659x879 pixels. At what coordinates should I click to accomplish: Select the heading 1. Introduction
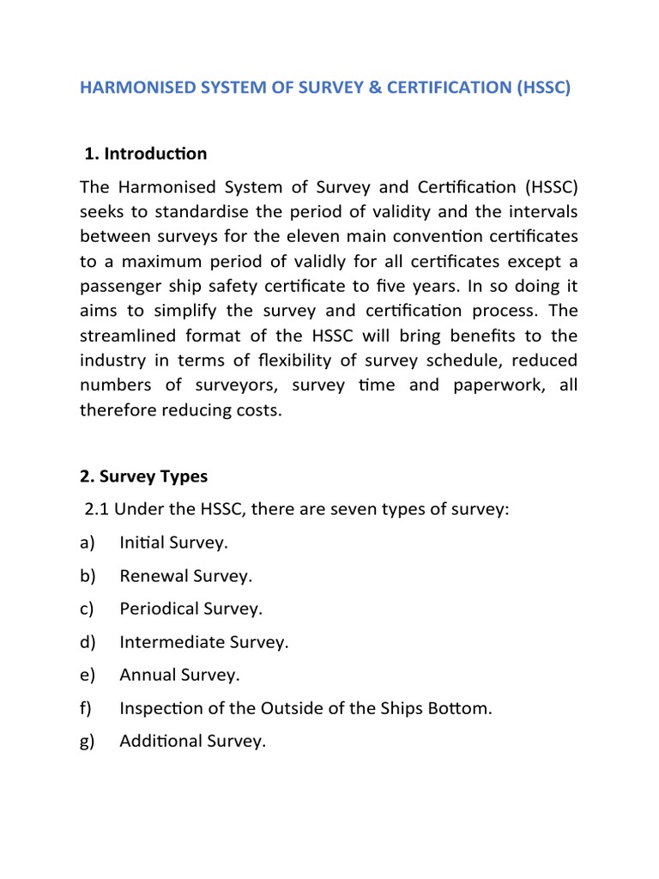pos(146,154)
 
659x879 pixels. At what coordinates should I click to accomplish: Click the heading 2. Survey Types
pos(143,476)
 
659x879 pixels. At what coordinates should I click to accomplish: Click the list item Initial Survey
pos(174,543)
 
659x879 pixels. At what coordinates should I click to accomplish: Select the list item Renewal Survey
pos(186,576)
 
